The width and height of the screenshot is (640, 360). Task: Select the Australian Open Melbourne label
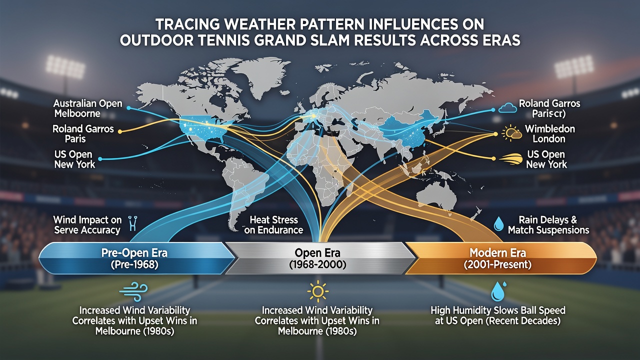(87, 108)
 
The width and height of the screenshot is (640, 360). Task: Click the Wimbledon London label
(549, 133)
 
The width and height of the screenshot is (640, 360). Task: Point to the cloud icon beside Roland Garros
(507, 108)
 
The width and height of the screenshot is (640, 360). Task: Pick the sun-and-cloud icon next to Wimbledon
(511, 133)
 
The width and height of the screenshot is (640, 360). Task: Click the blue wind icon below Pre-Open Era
(133, 291)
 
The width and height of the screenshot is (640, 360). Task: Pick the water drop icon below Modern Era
(498, 291)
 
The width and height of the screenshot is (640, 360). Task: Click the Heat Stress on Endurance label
(273, 225)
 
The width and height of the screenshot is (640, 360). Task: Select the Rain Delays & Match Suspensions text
(548, 225)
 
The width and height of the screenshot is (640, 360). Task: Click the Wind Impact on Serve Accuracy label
(87, 225)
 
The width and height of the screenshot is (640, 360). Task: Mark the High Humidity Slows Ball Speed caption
(497, 315)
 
